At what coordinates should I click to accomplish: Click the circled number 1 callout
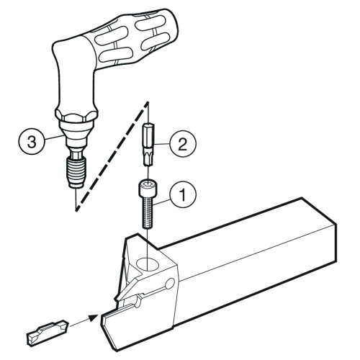pyautogui.click(x=183, y=194)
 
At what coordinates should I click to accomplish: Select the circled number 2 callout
pyautogui.click(x=183, y=144)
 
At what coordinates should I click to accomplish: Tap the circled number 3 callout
pyautogui.click(x=31, y=142)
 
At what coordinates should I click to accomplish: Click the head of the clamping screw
pyautogui.click(x=146, y=188)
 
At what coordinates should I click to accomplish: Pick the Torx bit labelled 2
pyautogui.click(x=149, y=144)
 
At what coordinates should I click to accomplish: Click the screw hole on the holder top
pyautogui.click(x=148, y=264)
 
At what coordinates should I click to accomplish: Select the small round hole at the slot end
pyautogui.click(x=170, y=283)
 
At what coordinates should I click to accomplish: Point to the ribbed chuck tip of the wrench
pyautogui.click(x=76, y=171)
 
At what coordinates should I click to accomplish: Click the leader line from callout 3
pyautogui.click(x=55, y=138)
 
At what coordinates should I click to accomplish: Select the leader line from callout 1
pyautogui.click(x=161, y=202)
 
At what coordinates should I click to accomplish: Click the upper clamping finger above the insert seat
pyautogui.click(x=135, y=283)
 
